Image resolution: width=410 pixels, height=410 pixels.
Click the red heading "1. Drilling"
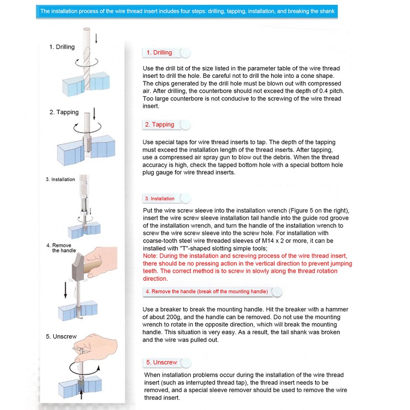(x=159, y=52)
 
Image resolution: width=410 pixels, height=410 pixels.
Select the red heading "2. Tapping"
(x=159, y=125)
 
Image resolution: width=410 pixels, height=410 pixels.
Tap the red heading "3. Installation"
(x=159, y=198)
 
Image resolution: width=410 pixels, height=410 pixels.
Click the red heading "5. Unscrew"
(x=161, y=362)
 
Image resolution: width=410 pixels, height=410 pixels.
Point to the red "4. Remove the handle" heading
(x=207, y=292)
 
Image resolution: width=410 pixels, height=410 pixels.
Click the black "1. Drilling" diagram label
(x=62, y=47)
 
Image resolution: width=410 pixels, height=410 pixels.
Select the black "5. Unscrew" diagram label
(x=61, y=337)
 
